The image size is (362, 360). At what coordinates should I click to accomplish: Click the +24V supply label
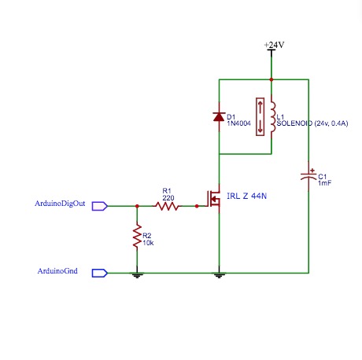point(273,46)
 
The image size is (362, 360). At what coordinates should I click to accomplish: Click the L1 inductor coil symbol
point(272,117)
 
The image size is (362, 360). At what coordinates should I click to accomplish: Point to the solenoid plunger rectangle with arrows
point(259,117)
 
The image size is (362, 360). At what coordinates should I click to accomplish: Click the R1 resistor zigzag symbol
point(166,206)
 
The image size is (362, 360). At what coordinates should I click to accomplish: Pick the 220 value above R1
point(166,197)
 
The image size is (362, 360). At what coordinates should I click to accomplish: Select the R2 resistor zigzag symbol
point(137,235)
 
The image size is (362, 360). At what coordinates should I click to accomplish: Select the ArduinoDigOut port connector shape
point(99,206)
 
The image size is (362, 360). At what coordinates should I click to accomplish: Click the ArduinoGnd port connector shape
point(99,273)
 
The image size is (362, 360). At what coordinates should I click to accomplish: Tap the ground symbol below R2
point(137,275)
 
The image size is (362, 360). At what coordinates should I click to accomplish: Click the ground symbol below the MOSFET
point(219,275)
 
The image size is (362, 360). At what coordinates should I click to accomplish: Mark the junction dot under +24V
point(272,79)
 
